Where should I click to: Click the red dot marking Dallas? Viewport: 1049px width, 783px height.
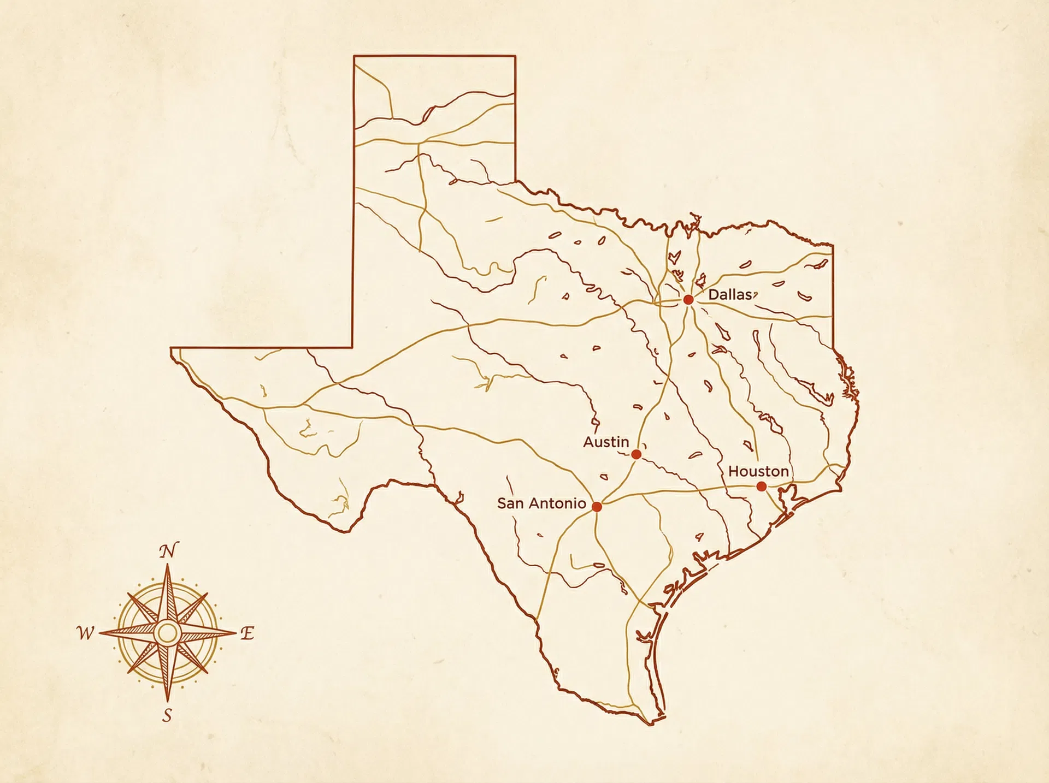[x=688, y=299]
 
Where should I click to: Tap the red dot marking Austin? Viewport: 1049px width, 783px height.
[x=636, y=454]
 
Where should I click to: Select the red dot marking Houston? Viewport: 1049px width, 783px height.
[x=762, y=486]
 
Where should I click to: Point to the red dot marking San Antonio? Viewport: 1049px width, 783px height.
[x=597, y=507]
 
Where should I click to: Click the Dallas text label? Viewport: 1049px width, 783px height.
[x=730, y=295]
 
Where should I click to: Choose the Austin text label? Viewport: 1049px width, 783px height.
[x=606, y=442]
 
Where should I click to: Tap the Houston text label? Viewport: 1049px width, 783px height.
[x=758, y=471]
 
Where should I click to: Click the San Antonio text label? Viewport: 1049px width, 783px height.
[x=541, y=503]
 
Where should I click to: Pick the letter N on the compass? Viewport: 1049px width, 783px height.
[x=168, y=551]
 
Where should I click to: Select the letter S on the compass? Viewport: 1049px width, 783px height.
[x=167, y=715]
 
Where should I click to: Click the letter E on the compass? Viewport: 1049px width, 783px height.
[x=247, y=633]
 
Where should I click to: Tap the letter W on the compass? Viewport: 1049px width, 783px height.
[x=85, y=633]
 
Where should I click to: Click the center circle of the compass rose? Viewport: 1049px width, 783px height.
[x=167, y=633]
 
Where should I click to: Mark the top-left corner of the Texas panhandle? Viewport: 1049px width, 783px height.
[x=354, y=56]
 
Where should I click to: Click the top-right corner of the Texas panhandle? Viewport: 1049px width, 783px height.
[x=515, y=56]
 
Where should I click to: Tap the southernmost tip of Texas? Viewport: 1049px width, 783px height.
[x=650, y=724]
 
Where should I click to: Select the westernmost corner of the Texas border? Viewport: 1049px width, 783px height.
[x=171, y=348]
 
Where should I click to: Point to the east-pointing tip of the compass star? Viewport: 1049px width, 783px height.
[x=235, y=633]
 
